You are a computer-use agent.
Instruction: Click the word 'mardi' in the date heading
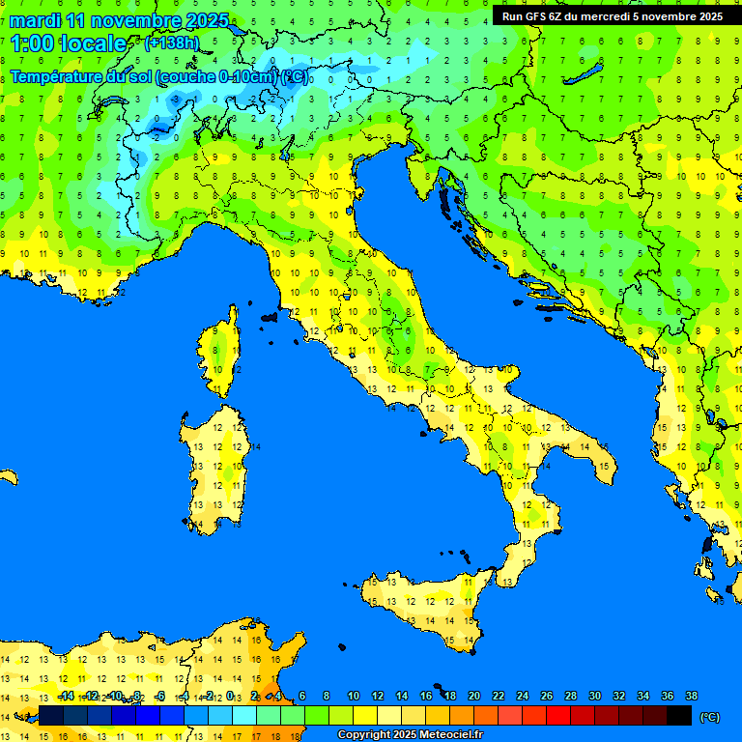coord(36,20)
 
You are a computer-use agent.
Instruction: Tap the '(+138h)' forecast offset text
coord(171,43)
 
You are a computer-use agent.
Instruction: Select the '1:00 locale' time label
coord(68,43)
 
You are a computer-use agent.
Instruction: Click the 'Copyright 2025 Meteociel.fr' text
coord(409,735)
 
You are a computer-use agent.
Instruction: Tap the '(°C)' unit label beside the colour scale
coord(709,716)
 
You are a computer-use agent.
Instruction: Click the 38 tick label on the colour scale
coord(691,697)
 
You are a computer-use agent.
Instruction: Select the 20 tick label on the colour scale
coord(473,697)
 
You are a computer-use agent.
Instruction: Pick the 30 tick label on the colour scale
coord(594,697)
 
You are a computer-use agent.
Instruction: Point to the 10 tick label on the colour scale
coord(353,697)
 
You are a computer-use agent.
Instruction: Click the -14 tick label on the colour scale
coord(66,697)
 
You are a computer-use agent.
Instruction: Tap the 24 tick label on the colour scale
coord(522,697)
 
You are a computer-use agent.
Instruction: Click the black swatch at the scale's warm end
coord(679,715)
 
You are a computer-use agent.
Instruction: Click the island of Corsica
coord(221,353)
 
